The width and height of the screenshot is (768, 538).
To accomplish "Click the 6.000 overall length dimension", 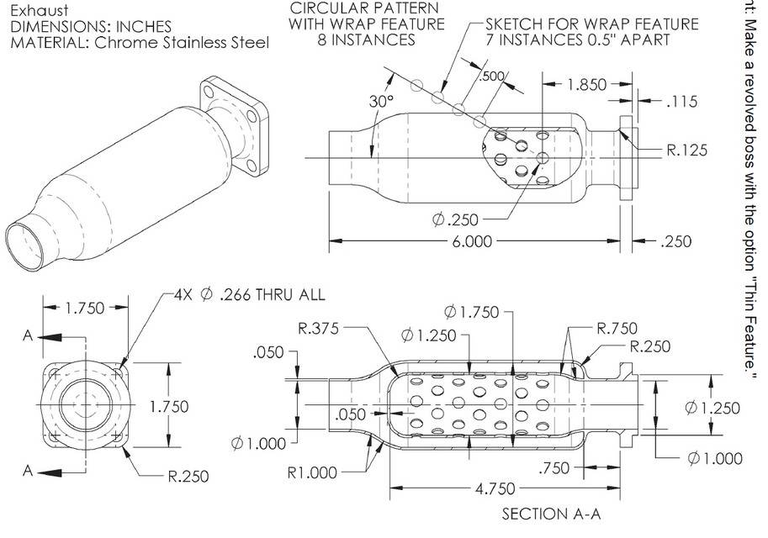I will click(471, 241).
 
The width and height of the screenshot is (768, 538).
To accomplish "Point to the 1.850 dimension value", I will click(585, 84).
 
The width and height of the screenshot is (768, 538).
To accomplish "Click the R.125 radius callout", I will click(686, 151).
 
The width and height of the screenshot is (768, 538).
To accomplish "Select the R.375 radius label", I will click(320, 329).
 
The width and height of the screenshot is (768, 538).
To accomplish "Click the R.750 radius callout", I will click(617, 328).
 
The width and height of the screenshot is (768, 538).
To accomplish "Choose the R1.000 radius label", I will click(310, 472).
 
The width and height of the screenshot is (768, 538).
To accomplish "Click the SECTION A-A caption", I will click(551, 513).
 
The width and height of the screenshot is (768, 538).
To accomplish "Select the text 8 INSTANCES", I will click(366, 40).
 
